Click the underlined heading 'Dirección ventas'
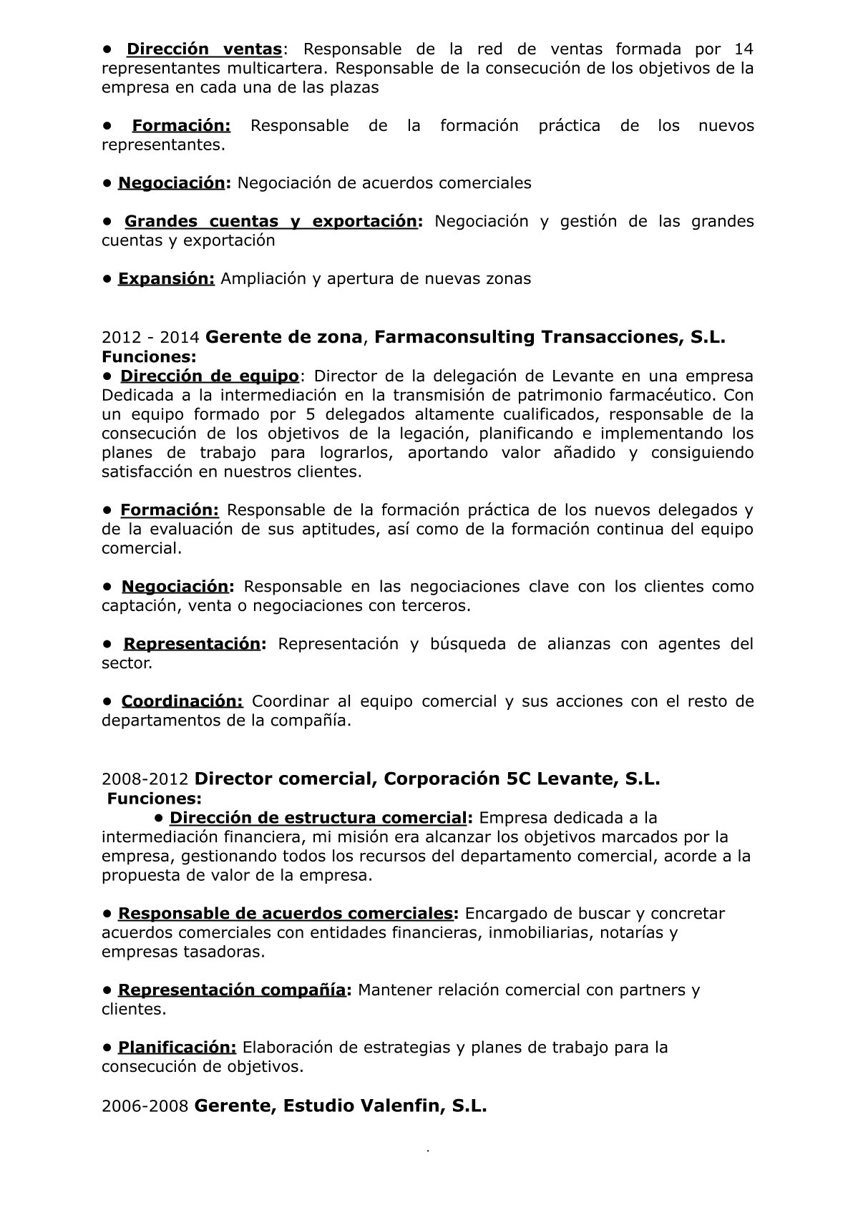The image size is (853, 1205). [x=204, y=49]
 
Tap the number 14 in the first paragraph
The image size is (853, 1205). [x=744, y=49]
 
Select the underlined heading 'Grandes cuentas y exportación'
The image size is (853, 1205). [x=270, y=221]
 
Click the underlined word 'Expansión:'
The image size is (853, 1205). [x=166, y=278]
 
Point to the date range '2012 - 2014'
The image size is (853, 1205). [x=150, y=337]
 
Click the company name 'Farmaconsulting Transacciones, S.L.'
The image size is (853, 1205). [x=550, y=337]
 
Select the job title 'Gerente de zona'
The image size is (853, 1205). [x=284, y=337]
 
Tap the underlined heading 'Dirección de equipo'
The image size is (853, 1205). [x=209, y=376]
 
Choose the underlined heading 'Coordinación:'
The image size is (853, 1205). [x=182, y=701]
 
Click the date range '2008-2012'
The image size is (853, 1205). [x=145, y=779]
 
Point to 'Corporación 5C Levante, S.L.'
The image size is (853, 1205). [x=522, y=779]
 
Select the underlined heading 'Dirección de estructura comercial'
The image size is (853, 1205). [x=318, y=818]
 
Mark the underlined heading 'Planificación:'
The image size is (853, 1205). [x=177, y=1048]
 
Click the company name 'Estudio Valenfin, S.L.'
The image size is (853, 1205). [x=385, y=1106]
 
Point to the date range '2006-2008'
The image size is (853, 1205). [x=145, y=1106]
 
